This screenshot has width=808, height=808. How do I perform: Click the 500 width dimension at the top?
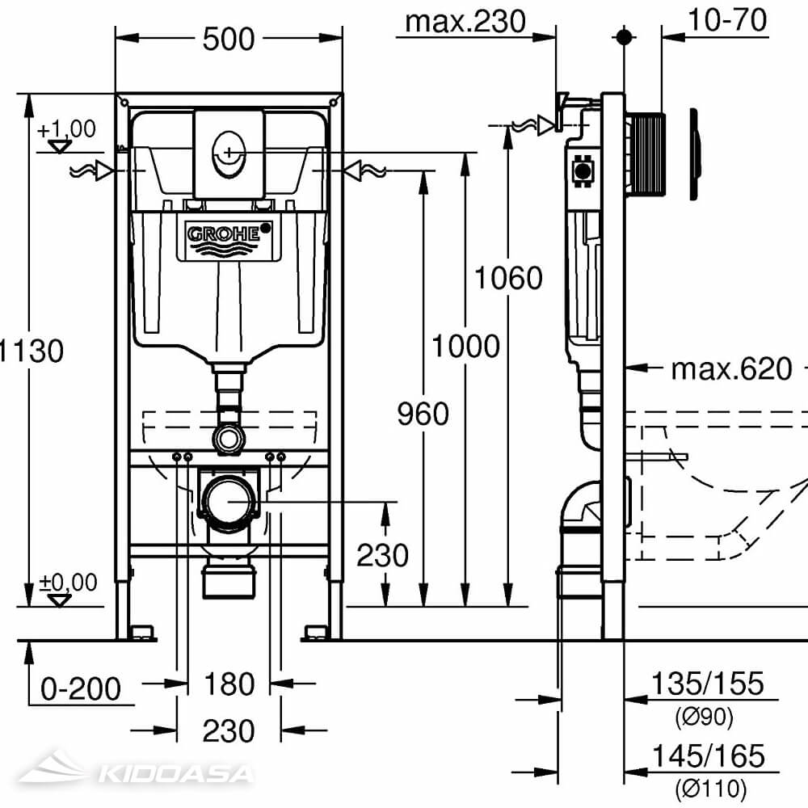pyautogui.click(x=229, y=38)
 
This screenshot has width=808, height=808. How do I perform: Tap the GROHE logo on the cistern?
pyautogui.click(x=225, y=234)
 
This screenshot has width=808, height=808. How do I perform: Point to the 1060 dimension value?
pyautogui.click(x=508, y=278)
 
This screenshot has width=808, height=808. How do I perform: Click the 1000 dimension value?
pyautogui.click(x=465, y=347)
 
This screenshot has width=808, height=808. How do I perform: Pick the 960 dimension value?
pyautogui.click(x=423, y=414)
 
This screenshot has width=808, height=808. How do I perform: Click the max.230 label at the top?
pyautogui.click(x=465, y=21)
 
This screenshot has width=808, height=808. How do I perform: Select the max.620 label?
pyautogui.click(x=732, y=369)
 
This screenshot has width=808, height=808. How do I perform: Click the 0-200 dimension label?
pyautogui.click(x=81, y=689)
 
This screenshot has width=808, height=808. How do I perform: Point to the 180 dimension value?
pyautogui.click(x=229, y=684)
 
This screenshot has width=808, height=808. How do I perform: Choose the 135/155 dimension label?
pyautogui.click(x=707, y=684)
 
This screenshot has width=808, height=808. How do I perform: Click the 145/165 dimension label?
pyautogui.click(x=707, y=756)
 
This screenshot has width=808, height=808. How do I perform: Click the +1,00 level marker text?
pyautogui.click(x=65, y=128)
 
